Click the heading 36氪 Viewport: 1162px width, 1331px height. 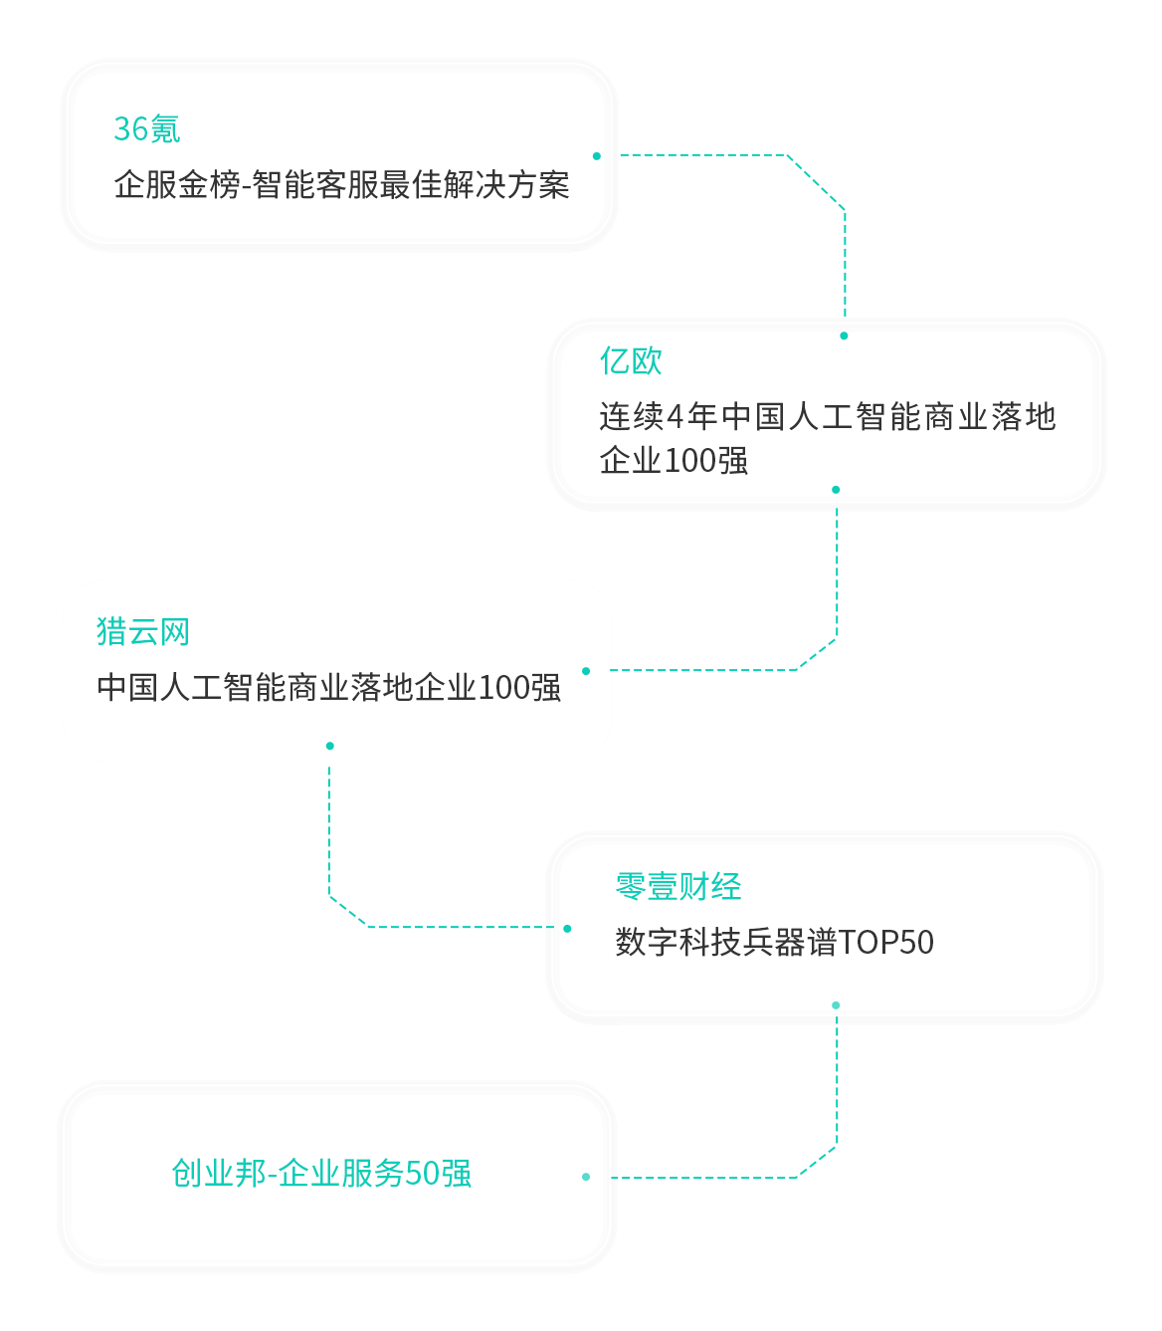pos(146,129)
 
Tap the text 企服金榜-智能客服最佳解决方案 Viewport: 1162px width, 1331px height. pos(341,185)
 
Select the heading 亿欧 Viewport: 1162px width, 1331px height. pos(631,361)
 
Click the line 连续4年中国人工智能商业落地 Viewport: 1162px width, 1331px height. pos(827,416)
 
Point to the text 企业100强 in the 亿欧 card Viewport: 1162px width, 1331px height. pos(674,461)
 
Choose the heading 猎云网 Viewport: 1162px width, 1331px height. pos(142,632)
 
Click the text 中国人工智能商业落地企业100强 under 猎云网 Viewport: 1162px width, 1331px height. pos(328,688)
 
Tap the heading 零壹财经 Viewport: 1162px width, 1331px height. pos(678,887)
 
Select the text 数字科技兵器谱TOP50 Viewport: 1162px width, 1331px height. pos(774,943)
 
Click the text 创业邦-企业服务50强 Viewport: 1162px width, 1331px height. pos(321,1174)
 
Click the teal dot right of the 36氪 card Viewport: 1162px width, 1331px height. pos(597,156)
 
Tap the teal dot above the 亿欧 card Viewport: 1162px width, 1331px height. pos(844,335)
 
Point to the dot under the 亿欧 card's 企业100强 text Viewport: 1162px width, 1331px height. pos(836,490)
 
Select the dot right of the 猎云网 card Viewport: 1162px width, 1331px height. pos(586,671)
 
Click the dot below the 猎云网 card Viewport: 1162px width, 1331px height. pos(329,746)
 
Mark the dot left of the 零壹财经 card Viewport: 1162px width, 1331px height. pos(567,929)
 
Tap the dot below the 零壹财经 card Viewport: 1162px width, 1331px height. pos(836,1005)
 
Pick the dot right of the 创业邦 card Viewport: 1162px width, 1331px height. pos(586,1177)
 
